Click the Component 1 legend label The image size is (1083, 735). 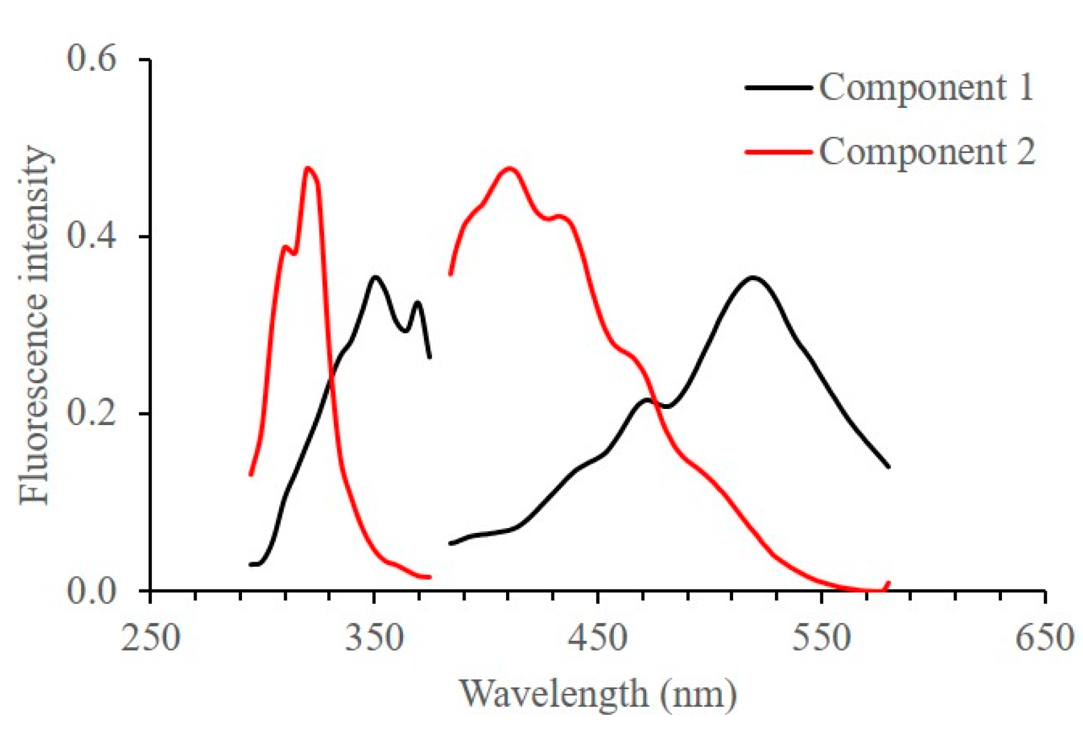click(926, 88)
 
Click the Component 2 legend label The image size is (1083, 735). click(927, 152)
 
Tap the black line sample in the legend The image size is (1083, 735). click(778, 88)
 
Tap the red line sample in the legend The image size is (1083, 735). click(778, 152)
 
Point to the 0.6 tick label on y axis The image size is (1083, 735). click(91, 59)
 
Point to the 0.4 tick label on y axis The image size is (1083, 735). click(91, 236)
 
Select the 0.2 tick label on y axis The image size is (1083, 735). click(91, 413)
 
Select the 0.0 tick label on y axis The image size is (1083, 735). click(91, 590)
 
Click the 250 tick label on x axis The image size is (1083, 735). click(150, 638)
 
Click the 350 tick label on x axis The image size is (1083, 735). click(374, 638)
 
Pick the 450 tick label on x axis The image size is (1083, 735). click(597, 638)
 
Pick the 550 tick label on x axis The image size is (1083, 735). click(821, 638)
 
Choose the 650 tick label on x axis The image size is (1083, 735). click(1044, 638)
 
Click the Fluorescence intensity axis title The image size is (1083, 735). click(33, 325)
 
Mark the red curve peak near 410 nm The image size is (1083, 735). click(510, 169)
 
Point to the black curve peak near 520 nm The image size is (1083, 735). click(753, 278)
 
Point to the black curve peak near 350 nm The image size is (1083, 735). click(374, 277)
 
